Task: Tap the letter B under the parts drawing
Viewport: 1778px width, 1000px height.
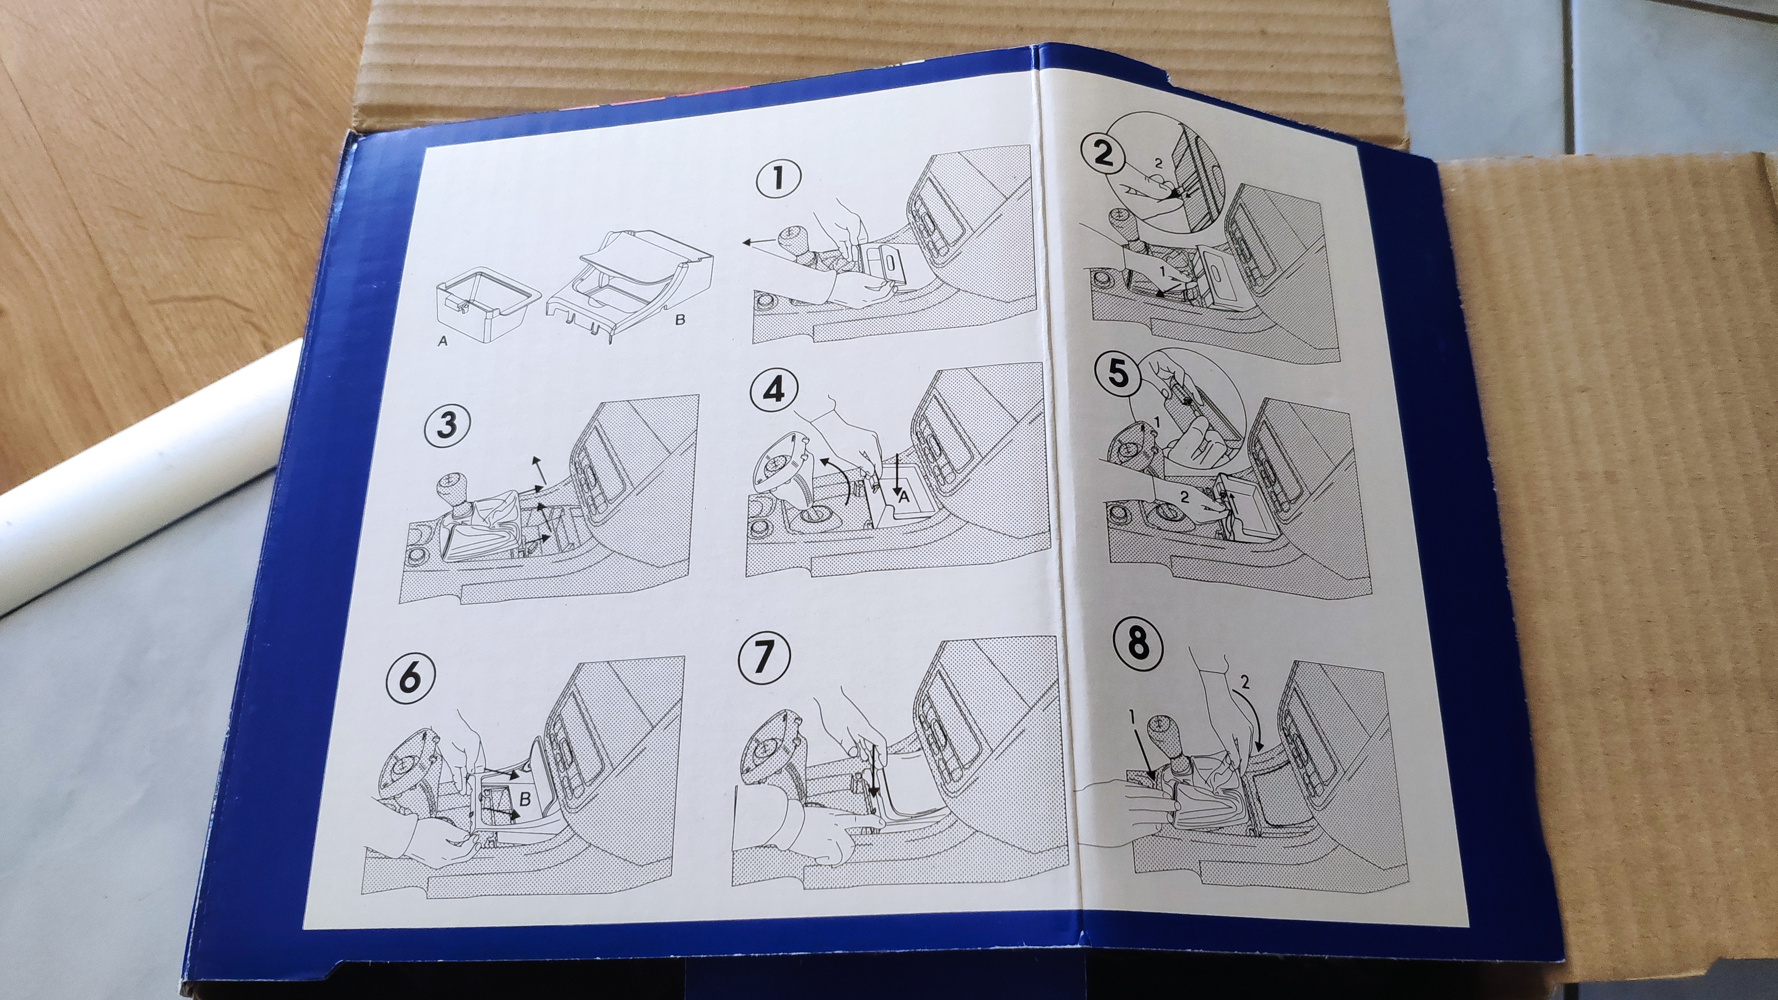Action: (x=680, y=321)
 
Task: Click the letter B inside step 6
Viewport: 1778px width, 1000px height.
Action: (x=525, y=800)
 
